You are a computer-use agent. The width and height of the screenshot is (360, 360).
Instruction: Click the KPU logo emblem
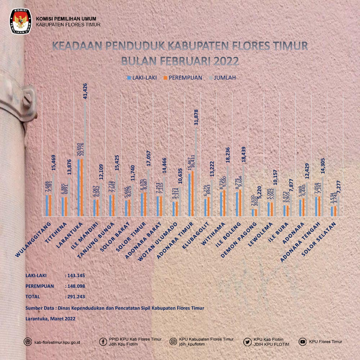click(x=21, y=21)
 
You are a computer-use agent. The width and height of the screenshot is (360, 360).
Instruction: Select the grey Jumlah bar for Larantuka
click(x=85, y=159)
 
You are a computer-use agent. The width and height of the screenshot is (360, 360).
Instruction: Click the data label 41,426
click(x=85, y=91)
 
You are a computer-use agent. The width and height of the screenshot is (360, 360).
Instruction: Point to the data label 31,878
click(x=196, y=117)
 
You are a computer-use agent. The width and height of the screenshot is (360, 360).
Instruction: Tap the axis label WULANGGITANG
click(x=33, y=239)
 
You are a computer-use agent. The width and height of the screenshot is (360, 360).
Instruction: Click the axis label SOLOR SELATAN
click(x=319, y=239)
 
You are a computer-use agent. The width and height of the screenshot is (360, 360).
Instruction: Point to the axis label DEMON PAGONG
click(x=238, y=240)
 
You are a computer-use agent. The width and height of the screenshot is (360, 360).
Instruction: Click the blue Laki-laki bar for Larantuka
click(x=79, y=188)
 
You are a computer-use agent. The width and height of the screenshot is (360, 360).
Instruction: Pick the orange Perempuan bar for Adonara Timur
click(x=193, y=193)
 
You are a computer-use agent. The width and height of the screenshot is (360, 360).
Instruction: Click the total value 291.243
click(x=76, y=296)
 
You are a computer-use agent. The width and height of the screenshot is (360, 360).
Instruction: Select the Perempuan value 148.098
click(x=76, y=286)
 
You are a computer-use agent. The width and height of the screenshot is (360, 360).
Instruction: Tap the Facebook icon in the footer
click(x=103, y=342)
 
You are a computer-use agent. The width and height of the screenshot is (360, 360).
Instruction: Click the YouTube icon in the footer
click(x=303, y=342)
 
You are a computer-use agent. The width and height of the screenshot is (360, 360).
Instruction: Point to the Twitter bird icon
click(x=247, y=342)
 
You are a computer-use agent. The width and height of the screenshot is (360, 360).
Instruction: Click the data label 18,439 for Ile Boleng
click(x=244, y=154)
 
